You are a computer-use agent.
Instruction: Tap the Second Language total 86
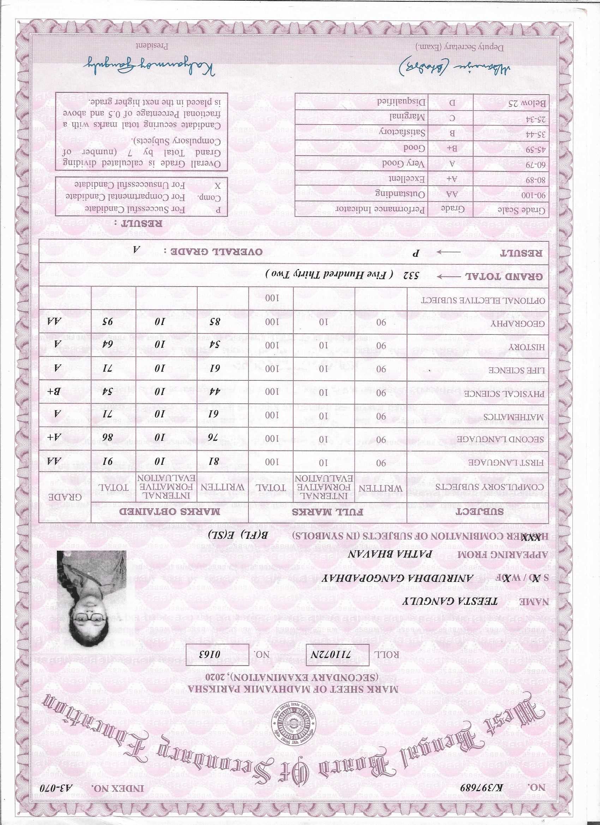[x=113, y=439]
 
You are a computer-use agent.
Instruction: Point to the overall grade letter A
[x=138, y=251]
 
